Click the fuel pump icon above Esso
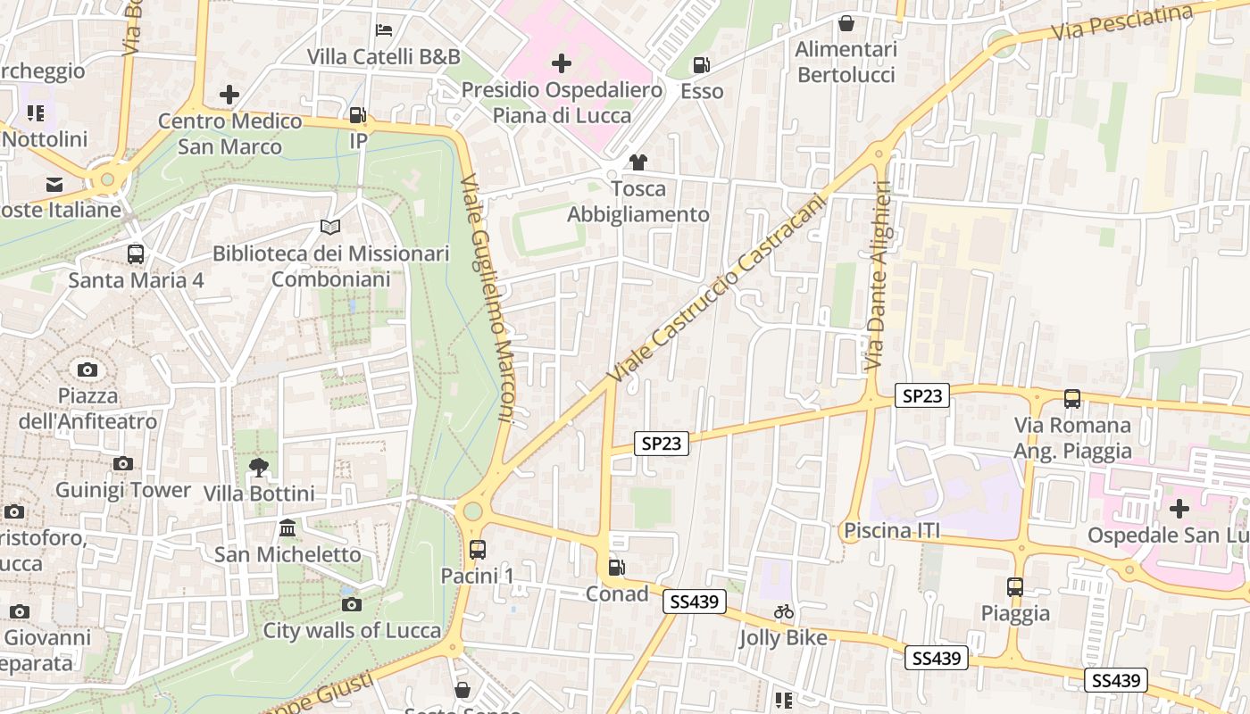click(x=702, y=65)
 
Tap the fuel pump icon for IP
click(x=357, y=115)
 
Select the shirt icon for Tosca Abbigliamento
click(x=637, y=162)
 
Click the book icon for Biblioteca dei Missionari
click(x=330, y=228)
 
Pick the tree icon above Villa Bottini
click(x=259, y=467)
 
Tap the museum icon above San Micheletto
click(x=287, y=528)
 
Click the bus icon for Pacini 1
click(x=478, y=550)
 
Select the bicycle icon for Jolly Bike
click(x=784, y=611)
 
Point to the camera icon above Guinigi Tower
click(x=123, y=463)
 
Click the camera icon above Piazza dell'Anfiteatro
click(x=87, y=369)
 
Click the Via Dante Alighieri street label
click(x=879, y=276)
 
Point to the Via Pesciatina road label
click(x=1121, y=22)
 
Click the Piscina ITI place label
click(x=892, y=532)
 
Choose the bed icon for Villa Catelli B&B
click(x=384, y=30)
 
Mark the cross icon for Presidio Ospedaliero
click(x=562, y=63)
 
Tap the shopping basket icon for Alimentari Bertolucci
click(x=846, y=23)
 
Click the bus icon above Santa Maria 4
click(x=136, y=254)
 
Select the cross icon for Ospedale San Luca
click(x=1179, y=509)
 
